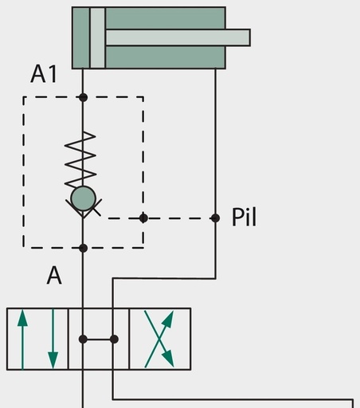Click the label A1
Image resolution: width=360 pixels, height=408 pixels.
44,74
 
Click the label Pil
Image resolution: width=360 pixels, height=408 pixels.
245,218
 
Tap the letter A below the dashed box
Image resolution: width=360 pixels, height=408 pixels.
54,276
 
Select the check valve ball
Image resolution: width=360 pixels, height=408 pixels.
83,198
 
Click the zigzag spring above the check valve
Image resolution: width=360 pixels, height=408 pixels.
80,160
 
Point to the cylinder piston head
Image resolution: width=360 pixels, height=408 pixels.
97,37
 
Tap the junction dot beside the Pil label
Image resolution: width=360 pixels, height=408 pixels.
215,218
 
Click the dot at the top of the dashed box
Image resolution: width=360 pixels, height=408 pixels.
83,97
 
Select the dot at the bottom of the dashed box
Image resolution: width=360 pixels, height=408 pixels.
83,248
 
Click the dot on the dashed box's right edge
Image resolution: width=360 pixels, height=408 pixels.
143,218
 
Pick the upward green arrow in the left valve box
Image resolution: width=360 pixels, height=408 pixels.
22,339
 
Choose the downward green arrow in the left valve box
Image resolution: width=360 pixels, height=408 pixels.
53,339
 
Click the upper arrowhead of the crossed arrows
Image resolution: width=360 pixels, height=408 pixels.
168,319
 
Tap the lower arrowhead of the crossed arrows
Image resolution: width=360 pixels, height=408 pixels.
168,359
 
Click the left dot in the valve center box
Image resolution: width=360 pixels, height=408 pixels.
83,339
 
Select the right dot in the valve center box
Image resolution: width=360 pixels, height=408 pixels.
114,339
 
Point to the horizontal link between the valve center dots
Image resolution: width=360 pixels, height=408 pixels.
99,339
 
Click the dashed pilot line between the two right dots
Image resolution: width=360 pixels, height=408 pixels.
179,218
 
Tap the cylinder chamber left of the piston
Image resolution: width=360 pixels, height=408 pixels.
81,37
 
